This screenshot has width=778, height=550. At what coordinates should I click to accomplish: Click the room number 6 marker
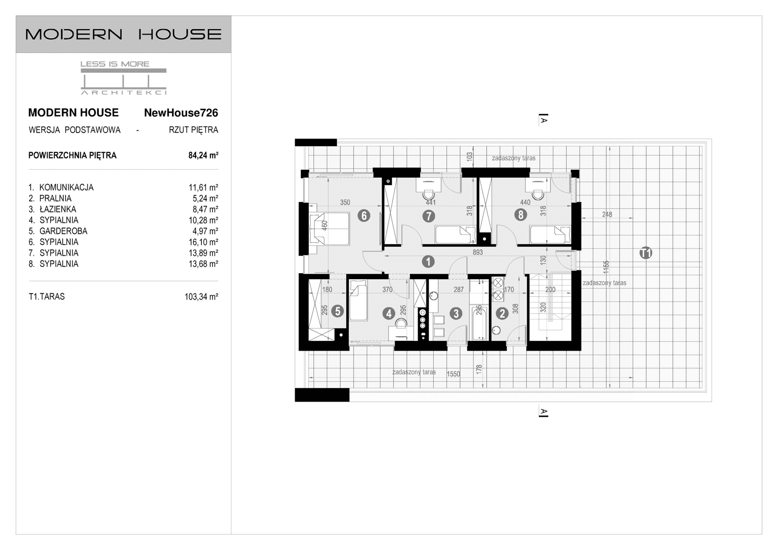(364, 215)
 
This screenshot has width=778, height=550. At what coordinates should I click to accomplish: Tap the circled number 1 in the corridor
(428, 262)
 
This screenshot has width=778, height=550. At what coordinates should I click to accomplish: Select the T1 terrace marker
(646, 253)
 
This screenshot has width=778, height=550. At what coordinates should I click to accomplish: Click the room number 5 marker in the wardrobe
(337, 311)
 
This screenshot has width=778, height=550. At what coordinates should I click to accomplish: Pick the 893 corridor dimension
(477, 252)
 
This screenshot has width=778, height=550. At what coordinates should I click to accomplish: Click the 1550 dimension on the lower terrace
(453, 374)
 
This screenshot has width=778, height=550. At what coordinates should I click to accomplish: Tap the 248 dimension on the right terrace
(607, 214)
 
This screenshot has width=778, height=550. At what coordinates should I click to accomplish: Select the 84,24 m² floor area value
(203, 156)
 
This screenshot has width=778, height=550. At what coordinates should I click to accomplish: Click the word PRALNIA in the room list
(55, 198)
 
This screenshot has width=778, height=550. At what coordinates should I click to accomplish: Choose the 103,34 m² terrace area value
(201, 297)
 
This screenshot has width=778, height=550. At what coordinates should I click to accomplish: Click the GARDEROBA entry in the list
(63, 231)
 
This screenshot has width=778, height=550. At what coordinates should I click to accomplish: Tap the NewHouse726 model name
(181, 113)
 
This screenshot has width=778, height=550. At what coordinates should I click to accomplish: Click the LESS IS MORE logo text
(115, 64)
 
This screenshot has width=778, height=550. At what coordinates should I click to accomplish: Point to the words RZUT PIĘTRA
(194, 130)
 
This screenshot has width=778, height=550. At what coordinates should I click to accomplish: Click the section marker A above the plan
(544, 119)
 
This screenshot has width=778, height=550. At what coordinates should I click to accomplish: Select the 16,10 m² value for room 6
(203, 242)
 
